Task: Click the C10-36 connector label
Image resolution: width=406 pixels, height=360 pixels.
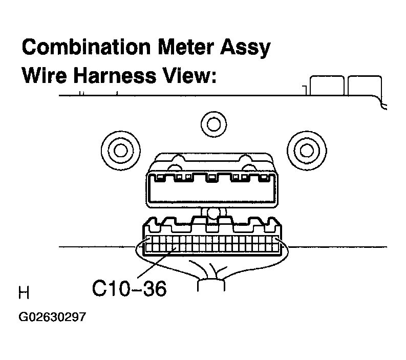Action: [x=129, y=289]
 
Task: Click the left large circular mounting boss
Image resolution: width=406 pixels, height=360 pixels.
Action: [x=119, y=150]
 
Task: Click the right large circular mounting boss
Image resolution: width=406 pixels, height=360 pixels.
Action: [x=307, y=150]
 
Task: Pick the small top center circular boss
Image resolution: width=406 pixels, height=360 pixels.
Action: [x=212, y=123]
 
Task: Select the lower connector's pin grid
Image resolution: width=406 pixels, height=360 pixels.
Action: [x=212, y=244]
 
